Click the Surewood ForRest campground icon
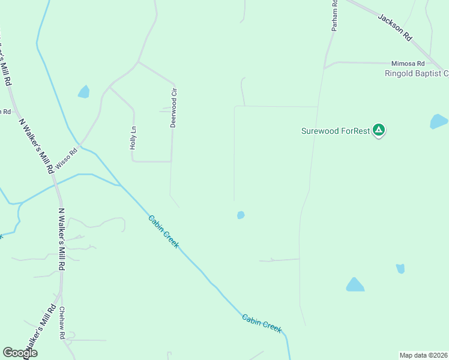(379, 130)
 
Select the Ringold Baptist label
(417, 74)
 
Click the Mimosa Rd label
(408, 63)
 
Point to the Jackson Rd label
(395, 27)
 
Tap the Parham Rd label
(335, 16)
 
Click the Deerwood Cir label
(174, 108)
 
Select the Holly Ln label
(134, 137)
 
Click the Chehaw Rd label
(62, 323)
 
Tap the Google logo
(20, 353)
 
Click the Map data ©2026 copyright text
(423, 355)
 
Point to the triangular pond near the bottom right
(355, 285)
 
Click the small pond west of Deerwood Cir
(83, 92)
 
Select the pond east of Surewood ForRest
(439, 122)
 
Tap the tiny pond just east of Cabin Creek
(241, 215)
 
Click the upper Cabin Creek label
(163, 232)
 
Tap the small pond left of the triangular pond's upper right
(400, 269)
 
